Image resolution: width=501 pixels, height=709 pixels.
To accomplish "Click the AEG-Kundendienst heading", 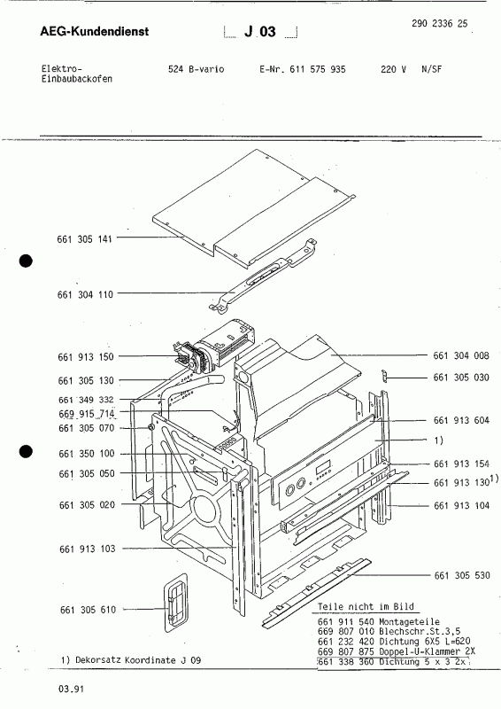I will [x=95, y=33].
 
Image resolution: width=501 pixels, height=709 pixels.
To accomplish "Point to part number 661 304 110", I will [x=85, y=293].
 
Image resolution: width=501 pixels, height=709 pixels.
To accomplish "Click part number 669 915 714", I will [x=87, y=414].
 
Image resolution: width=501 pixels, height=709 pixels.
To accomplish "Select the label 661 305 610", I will [x=85, y=609].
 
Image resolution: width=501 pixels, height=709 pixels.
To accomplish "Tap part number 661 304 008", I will [x=462, y=355].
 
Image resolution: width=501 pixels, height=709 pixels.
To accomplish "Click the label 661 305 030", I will [x=462, y=378].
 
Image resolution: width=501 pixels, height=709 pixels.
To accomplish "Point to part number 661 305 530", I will [x=462, y=576].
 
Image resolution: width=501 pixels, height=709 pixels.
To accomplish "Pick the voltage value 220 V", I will [x=393, y=68].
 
